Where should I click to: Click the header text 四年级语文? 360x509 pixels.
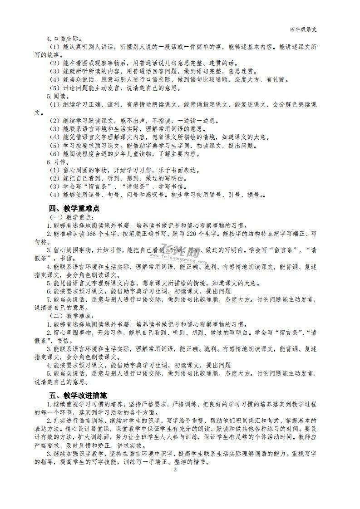click(303, 29)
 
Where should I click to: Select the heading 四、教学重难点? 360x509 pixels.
click(74, 208)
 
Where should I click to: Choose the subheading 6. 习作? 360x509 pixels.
click(57, 162)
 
